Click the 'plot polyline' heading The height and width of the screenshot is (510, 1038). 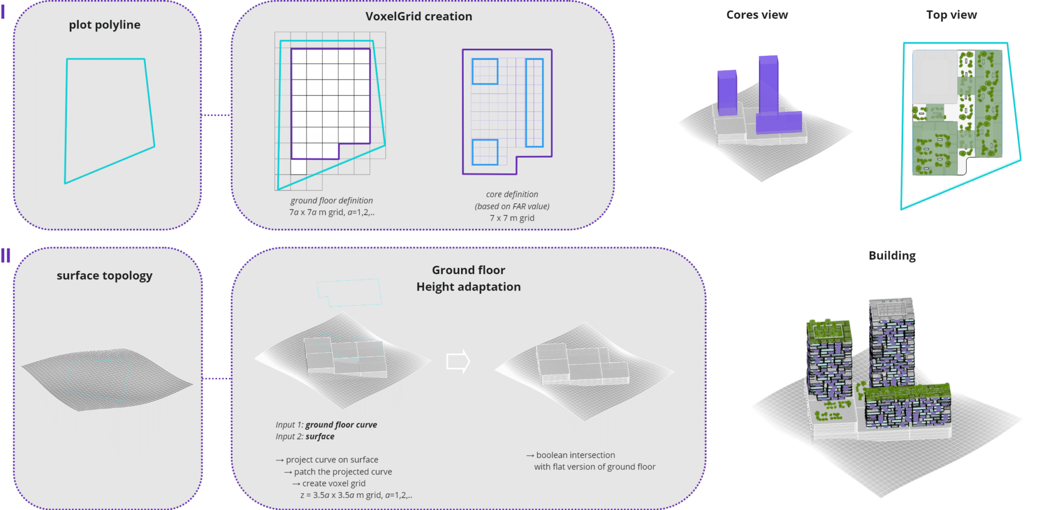click(x=104, y=25)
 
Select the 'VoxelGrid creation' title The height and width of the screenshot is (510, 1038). click(x=419, y=16)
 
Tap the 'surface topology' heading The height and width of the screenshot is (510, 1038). click(x=104, y=276)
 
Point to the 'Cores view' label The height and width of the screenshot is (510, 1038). click(x=757, y=15)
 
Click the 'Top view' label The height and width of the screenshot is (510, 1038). click(x=951, y=15)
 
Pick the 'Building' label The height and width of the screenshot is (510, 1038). click(x=892, y=256)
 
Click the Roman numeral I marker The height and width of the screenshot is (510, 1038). click(x=3, y=12)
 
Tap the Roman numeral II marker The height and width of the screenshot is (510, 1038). click(x=6, y=256)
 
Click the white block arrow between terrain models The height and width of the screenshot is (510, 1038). click(x=458, y=361)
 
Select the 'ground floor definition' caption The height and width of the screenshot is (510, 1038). click(x=331, y=201)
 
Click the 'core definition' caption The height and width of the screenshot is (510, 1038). click(x=512, y=194)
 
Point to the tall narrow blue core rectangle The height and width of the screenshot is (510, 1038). click(x=534, y=102)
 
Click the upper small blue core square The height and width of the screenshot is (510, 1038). click(x=485, y=71)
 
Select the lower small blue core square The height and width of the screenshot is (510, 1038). click(x=485, y=152)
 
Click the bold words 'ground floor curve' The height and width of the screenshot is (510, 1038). click(x=341, y=425)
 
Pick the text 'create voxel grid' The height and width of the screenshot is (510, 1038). click(x=333, y=484)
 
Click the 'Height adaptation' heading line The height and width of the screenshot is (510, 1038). click(x=468, y=287)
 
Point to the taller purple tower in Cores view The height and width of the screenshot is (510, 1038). click(x=768, y=86)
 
